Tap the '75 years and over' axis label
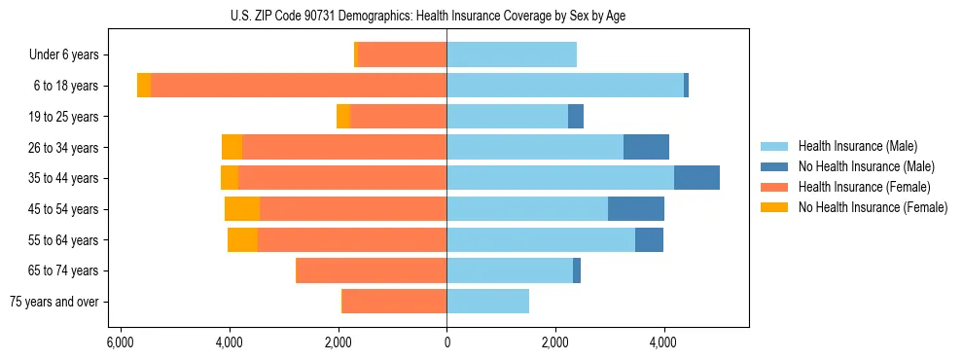[54, 302]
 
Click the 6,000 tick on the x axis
[120, 342]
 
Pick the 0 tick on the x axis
[446, 342]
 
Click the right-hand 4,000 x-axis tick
[664, 342]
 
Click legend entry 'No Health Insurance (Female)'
[873, 207]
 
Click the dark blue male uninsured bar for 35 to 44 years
[696, 178]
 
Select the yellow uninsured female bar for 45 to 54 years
[242, 209]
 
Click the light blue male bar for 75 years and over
[487, 302]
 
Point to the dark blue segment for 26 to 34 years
[646, 147]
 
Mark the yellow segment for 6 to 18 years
[144, 86]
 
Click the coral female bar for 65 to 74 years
[371, 270]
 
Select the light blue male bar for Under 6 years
[512, 55]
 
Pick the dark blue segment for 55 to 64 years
[649, 239]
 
